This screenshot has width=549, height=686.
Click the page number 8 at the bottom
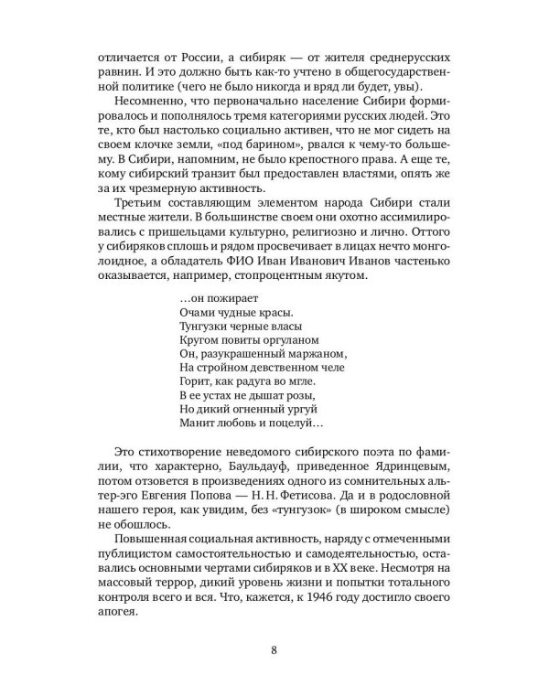pos(274,650)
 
